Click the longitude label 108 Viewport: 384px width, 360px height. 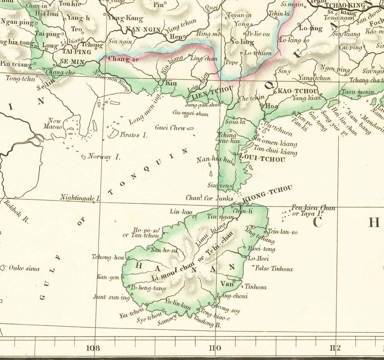pyautogui.click(x=93, y=348)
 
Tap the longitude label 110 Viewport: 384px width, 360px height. pyautogui.click(x=215, y=348)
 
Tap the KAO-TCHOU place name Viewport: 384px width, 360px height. pyautogui.click(x=298, y=91)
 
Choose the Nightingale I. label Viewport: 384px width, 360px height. pyautogui.click(x=80, y=198)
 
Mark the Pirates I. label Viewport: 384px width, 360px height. pyautogui.click(x=133, y=135)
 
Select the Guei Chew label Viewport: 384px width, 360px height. pyautogui.click(x=170, y=127)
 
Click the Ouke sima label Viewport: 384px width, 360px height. pyautogui.click(x=24, y=269)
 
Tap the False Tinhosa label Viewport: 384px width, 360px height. pyautogui.click(x=273, y=269)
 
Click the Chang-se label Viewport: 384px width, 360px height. pyautogui.click(x=124, y=59)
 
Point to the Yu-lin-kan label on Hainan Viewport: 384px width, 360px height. pyautogui.click(x=177, y=304)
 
